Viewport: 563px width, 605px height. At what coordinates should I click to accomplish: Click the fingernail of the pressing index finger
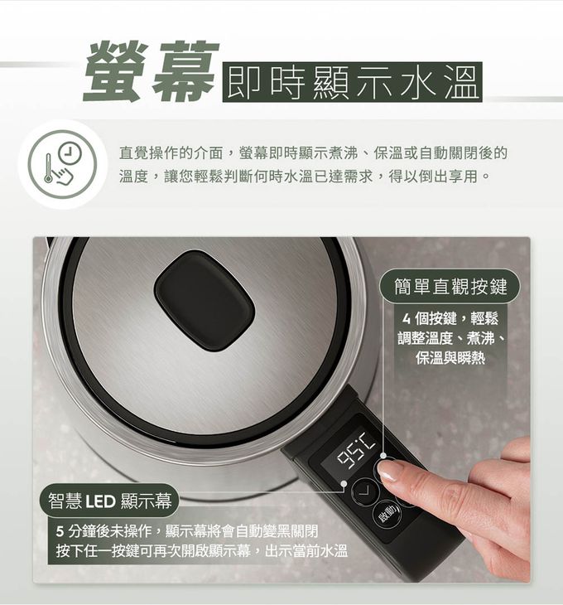point(389,471)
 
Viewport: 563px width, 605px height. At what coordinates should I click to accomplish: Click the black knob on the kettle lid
point(205,299)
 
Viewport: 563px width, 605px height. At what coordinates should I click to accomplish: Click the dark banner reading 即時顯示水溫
point(353,81)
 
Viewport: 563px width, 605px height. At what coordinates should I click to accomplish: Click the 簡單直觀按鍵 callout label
point(450,287)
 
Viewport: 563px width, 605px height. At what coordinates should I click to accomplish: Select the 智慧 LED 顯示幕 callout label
point(110,501)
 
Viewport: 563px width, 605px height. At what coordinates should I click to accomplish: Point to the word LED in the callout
point(99,501)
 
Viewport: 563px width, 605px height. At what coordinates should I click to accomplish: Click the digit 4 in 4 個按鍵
point(407,319)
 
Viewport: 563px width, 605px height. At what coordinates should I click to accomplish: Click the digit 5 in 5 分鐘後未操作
point(60,531)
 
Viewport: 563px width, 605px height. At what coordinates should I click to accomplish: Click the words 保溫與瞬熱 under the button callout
point(450,357)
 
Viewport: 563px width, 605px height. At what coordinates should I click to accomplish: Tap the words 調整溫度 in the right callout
point(428,338)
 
